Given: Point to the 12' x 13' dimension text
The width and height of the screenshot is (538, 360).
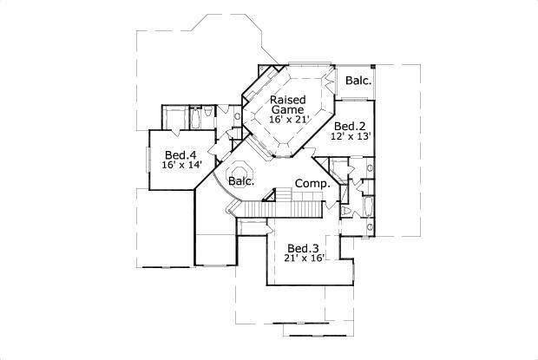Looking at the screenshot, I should point(351,137).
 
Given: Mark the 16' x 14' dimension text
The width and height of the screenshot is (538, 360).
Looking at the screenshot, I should point(180,165).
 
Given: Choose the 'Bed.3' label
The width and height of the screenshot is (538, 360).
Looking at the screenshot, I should point(304,247).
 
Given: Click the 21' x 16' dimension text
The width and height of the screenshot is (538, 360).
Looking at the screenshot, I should point(304,259).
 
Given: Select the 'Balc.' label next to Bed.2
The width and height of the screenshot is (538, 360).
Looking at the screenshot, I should point(358,82).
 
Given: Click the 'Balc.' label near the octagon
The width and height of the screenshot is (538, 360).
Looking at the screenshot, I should point(241,182).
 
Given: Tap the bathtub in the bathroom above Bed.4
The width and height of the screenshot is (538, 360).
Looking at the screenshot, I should point(196,118).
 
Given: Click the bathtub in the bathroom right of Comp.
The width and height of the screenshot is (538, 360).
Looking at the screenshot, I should point(367,208).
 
